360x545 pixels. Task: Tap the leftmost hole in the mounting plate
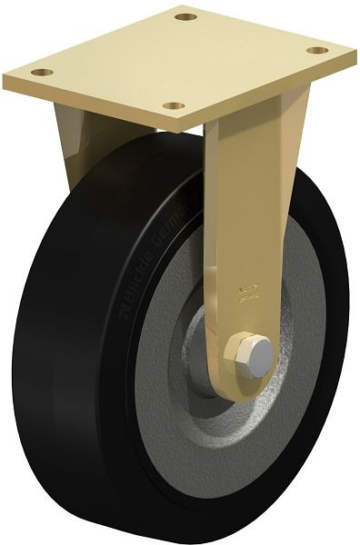(37, 72)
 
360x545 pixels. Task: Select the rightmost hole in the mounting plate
(316, 50)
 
